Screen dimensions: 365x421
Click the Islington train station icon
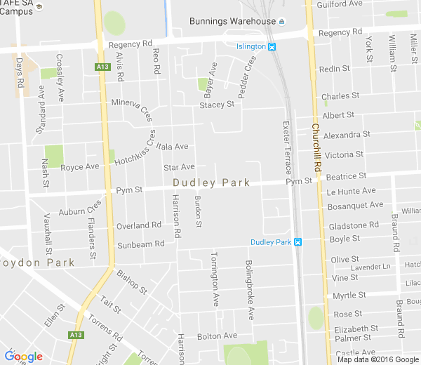[272, 47]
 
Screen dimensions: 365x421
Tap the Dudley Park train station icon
[298, 242]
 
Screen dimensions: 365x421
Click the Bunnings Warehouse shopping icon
[281, 21]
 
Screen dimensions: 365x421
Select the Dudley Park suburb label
[211, 182]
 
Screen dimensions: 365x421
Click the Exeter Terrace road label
[286, 147]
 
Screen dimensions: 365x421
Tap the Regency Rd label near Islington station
[340, 33]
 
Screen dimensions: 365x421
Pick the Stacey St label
[216, 105]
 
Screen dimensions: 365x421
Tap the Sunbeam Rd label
[140, 244]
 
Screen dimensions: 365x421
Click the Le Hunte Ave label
[351, 191]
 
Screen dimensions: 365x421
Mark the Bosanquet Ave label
[355, 205]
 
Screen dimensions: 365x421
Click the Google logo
[23, 357]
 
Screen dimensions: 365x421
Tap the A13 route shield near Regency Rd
[102, 67]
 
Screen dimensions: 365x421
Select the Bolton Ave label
[217, 336]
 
